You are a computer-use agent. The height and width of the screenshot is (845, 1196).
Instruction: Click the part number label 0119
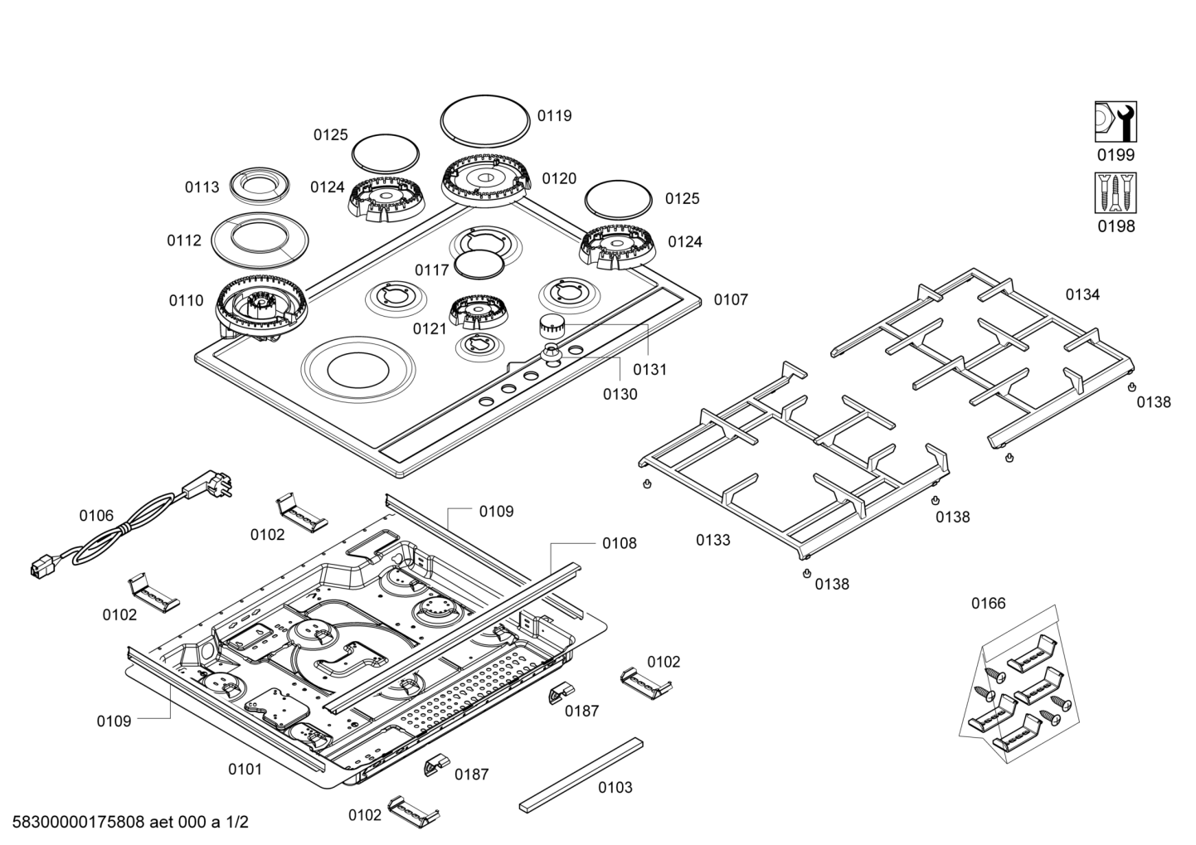(x=554, y=116)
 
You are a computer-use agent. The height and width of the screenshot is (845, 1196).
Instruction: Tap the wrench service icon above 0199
(x=1116, y=122)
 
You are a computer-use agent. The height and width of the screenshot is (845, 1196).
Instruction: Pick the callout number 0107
(x=731, y=300)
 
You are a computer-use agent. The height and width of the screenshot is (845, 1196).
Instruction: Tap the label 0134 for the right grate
(x=1082, y=294)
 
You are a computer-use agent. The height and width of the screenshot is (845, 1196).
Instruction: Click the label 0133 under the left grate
(x=713, y=541)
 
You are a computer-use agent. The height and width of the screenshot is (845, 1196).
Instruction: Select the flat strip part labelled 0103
(x=581, y=773)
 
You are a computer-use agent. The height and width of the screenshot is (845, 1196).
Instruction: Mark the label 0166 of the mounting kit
(x=989, y=604)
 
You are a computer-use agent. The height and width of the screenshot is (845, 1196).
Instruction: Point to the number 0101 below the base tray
(x=245, y=770)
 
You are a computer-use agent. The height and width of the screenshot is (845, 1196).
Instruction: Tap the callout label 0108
(x=620, y=543)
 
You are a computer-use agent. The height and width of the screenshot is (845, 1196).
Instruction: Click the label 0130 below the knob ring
(x=620, y=394)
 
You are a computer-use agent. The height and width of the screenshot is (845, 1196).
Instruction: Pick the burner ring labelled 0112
(x=260, y=239)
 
